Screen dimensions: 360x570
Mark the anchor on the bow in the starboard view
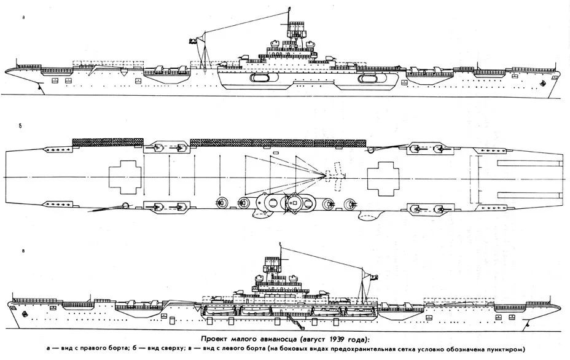pyautogui.click(x=542, y=82)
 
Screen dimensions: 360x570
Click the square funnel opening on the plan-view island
pyautogui.click(x=293, y=202)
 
